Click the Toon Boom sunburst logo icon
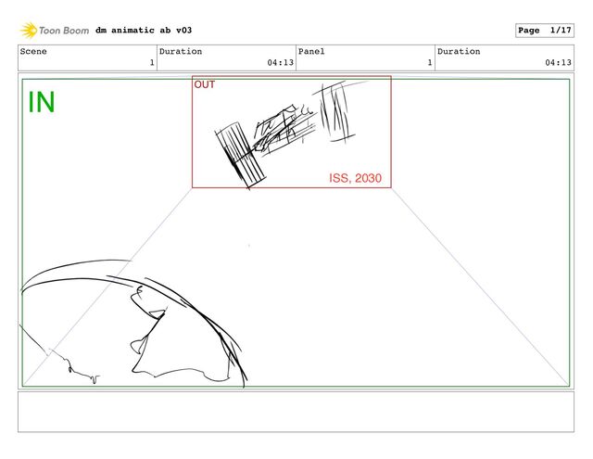29,31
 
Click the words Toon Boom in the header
64,31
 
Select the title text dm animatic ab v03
144,31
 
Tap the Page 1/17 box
545,31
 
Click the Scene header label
33,51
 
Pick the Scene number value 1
152,62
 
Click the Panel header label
311,51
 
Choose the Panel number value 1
430,62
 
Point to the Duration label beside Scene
181,51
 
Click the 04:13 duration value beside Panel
280,62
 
